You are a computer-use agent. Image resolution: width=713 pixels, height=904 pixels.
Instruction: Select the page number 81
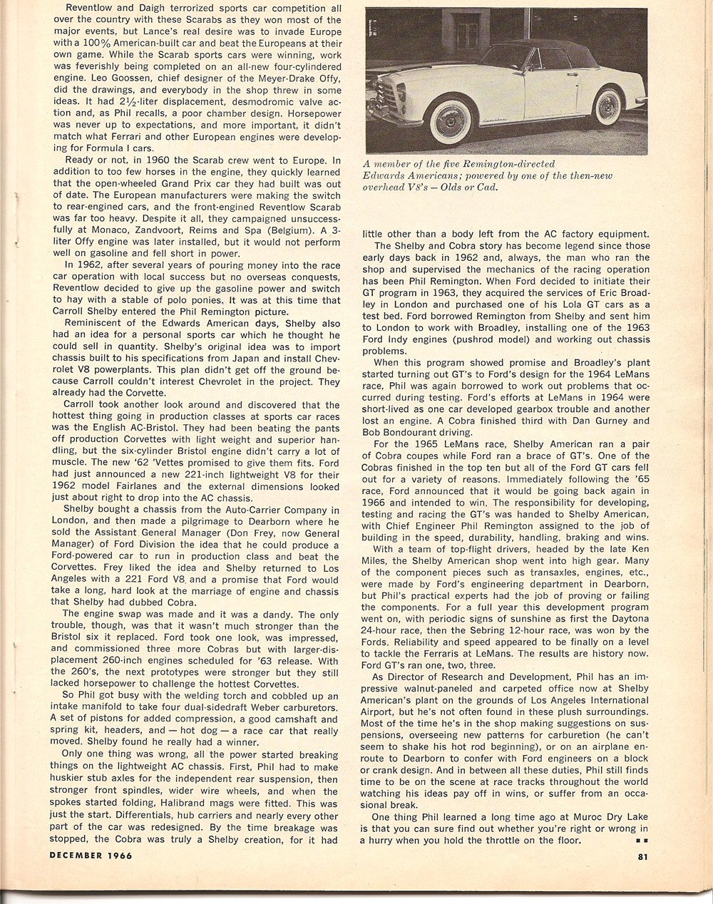pos(642,856)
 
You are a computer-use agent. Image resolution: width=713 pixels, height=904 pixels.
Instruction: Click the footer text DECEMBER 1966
pos(91,856)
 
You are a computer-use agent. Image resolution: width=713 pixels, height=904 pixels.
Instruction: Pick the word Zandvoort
pos(162,232)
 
